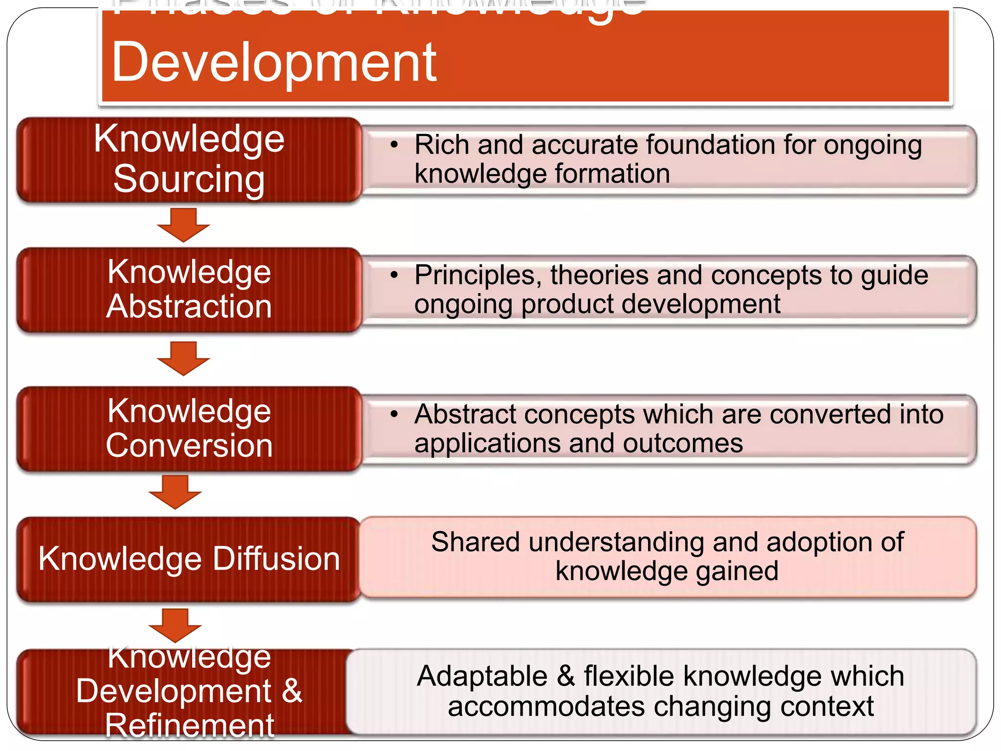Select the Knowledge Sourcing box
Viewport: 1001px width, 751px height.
pos(189,160)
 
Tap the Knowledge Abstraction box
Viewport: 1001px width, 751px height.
pos(189,290)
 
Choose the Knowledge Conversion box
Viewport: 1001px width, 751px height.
pos(189,429)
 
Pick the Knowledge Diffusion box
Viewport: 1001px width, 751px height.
pos(189,559)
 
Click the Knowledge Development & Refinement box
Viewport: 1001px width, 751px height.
pos(189,691)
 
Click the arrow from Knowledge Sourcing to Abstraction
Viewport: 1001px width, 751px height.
pos(183,225)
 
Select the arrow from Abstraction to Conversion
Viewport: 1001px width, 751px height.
pos(183,358)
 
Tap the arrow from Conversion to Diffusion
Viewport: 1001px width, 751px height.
pos(175,492)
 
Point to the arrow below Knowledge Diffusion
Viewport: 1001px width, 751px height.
pos(175,625)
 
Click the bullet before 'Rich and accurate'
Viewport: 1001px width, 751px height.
pos(394,145)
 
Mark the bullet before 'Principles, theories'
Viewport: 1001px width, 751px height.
pos(394,275)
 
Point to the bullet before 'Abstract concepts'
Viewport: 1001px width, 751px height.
pos(394,415)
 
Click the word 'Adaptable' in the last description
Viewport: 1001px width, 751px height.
pos(482,677)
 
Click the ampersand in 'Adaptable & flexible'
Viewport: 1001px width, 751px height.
pos(566,677)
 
